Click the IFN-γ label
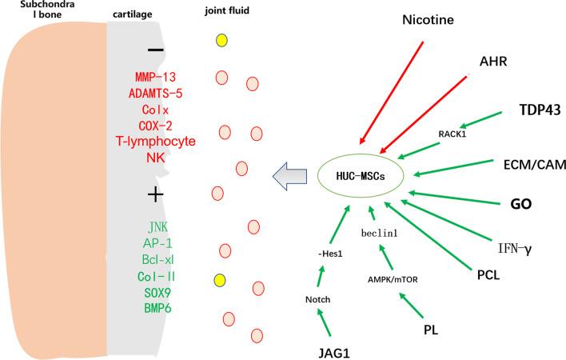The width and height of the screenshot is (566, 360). point(515,249)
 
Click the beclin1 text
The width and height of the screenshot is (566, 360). point(379,233)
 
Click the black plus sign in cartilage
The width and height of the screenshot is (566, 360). point(157,194)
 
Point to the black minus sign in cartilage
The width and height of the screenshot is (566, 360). point(157,50)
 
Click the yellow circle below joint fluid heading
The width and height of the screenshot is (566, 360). point(223,40)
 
